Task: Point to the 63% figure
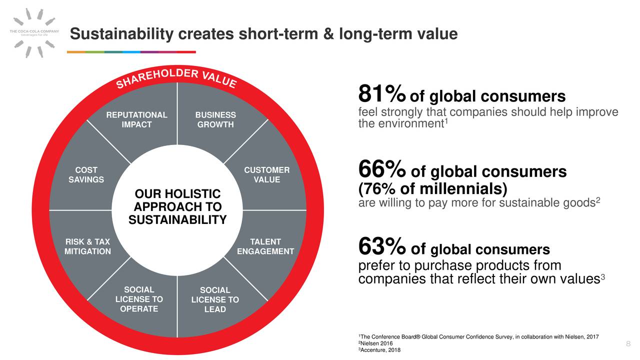(x=381, y=247)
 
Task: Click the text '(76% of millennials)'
(x=433, y=189)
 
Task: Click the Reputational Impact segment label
(x=136, y=120)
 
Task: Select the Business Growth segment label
(x=215, y=120)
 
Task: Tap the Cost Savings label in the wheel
(x=86, y=175)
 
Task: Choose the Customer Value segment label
(x=266, y=175)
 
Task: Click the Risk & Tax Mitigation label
(x=87, y=247)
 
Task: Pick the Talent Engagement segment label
(x=265, y=247)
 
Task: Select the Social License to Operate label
(x=139, y=299)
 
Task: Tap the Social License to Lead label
(x=215, y=300)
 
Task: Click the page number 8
(x=628, y=343)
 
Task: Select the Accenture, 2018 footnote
(x=379, y=350)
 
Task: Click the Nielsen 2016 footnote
(x=375, y=343)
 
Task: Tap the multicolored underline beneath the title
(x=131, y=52)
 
